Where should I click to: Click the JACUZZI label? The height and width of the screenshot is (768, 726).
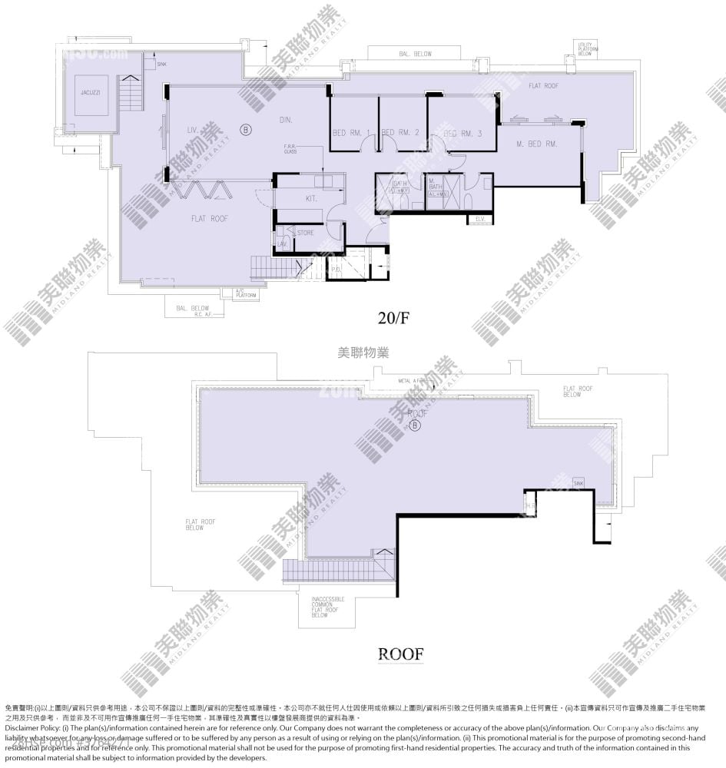pyautogui.click(x=91, y=92)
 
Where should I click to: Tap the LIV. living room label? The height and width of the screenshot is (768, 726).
pyautogui.click(x=193, y=131)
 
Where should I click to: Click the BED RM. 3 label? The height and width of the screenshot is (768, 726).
pyautogui.click(x=463, y=134)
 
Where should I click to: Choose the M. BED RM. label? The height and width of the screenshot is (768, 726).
pyautogui.click(x=537, y=144)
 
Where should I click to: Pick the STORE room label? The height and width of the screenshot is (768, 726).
pyautogui.click(x=305, y=232)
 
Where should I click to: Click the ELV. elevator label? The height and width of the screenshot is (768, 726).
pyautogui.click(x=480, y=220)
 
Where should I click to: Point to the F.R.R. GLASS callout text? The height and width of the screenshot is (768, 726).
pyautogui.click(x=290, y=149)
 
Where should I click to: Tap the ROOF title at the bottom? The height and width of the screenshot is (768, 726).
pyautogui.click(x=400, y=654)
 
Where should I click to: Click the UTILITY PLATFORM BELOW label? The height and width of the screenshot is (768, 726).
pyautogui.click(x=587, y=50)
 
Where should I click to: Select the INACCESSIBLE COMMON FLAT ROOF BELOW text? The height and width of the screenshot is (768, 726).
pyautogui.click(x=328, y=607)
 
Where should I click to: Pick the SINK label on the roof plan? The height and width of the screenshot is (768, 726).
pyautogui.click(x=578, y=482)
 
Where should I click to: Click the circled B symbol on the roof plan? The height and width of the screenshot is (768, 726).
pyautogui.click(x=416, y=425)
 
